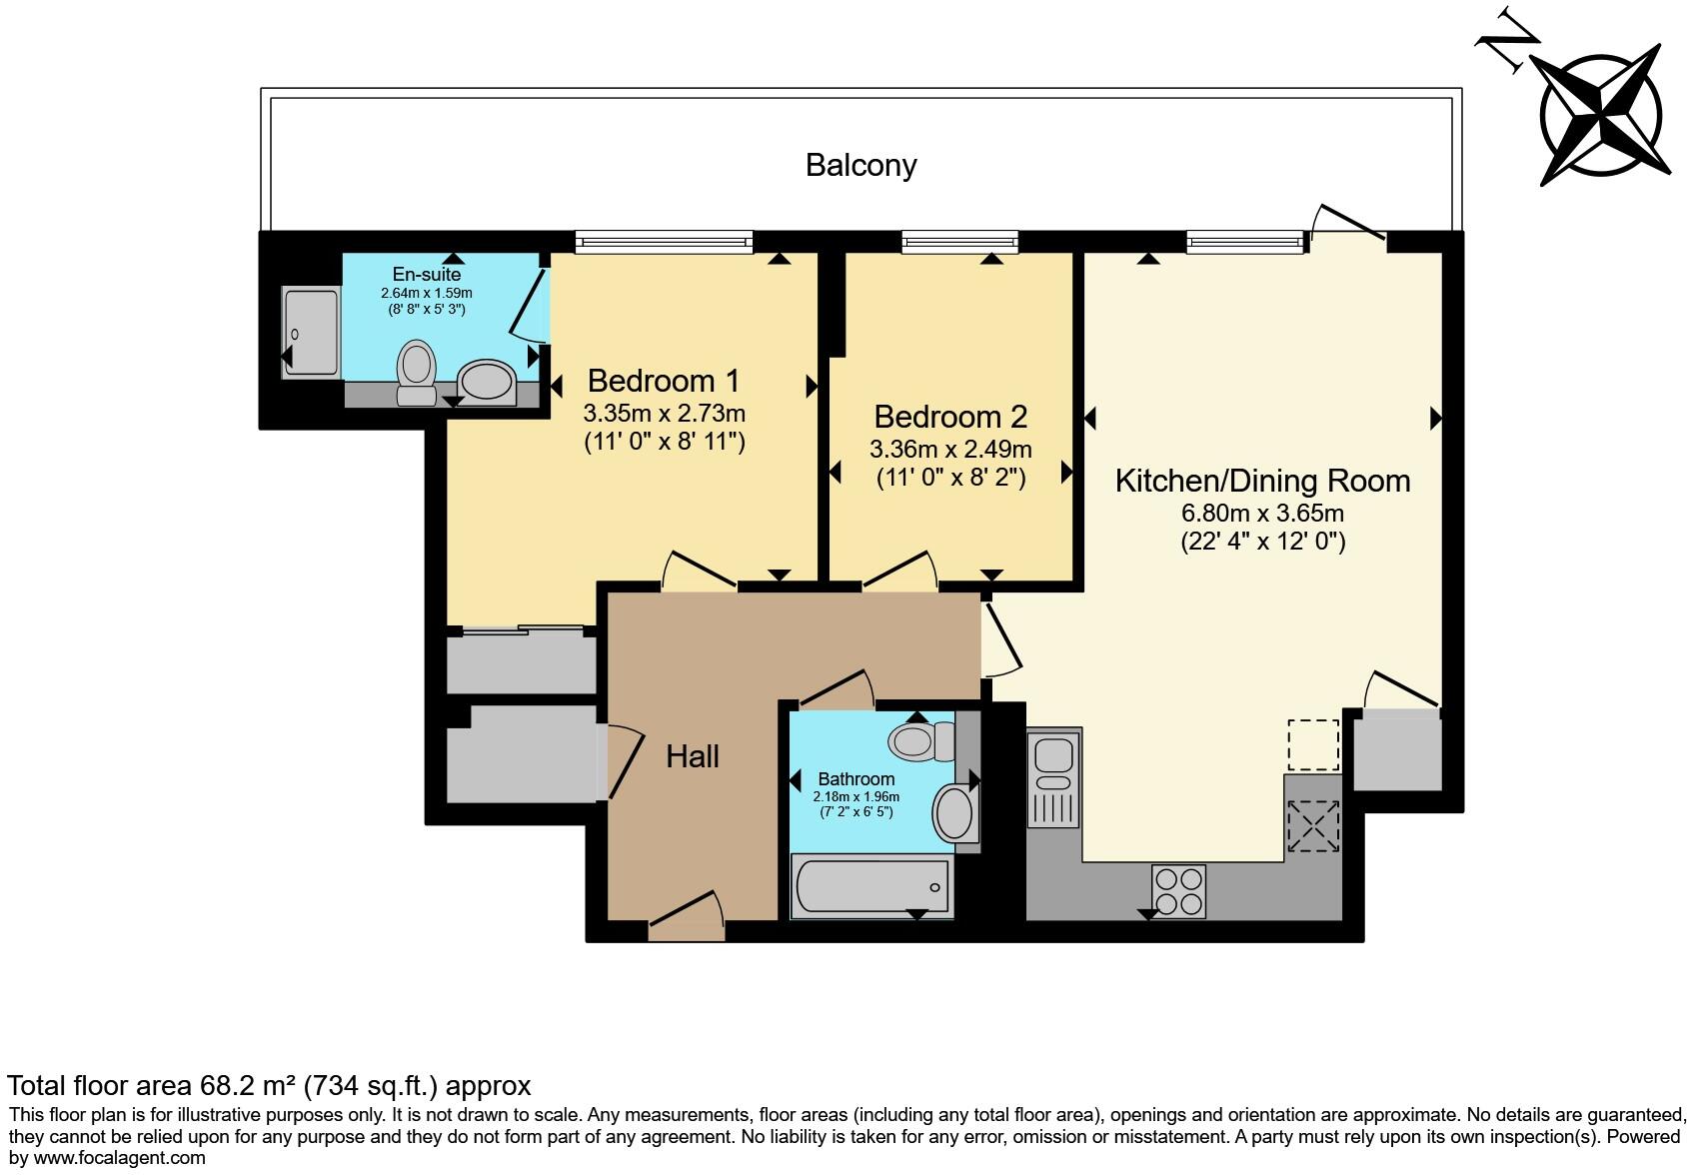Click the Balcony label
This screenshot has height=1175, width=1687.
860,165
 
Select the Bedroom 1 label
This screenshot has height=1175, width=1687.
664,381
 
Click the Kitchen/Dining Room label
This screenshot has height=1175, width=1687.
1262,481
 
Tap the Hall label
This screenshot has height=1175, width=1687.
693,756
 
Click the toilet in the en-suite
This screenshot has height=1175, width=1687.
415,372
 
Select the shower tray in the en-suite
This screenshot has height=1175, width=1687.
311,332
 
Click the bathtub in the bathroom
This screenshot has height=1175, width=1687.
870,885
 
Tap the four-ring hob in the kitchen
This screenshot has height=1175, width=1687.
1179,890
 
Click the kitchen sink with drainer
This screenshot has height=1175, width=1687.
1053,780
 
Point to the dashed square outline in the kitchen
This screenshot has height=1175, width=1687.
1312,745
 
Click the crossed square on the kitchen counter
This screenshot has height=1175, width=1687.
1312,826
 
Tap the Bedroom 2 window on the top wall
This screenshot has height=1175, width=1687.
959,240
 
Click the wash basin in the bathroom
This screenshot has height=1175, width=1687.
954,812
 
